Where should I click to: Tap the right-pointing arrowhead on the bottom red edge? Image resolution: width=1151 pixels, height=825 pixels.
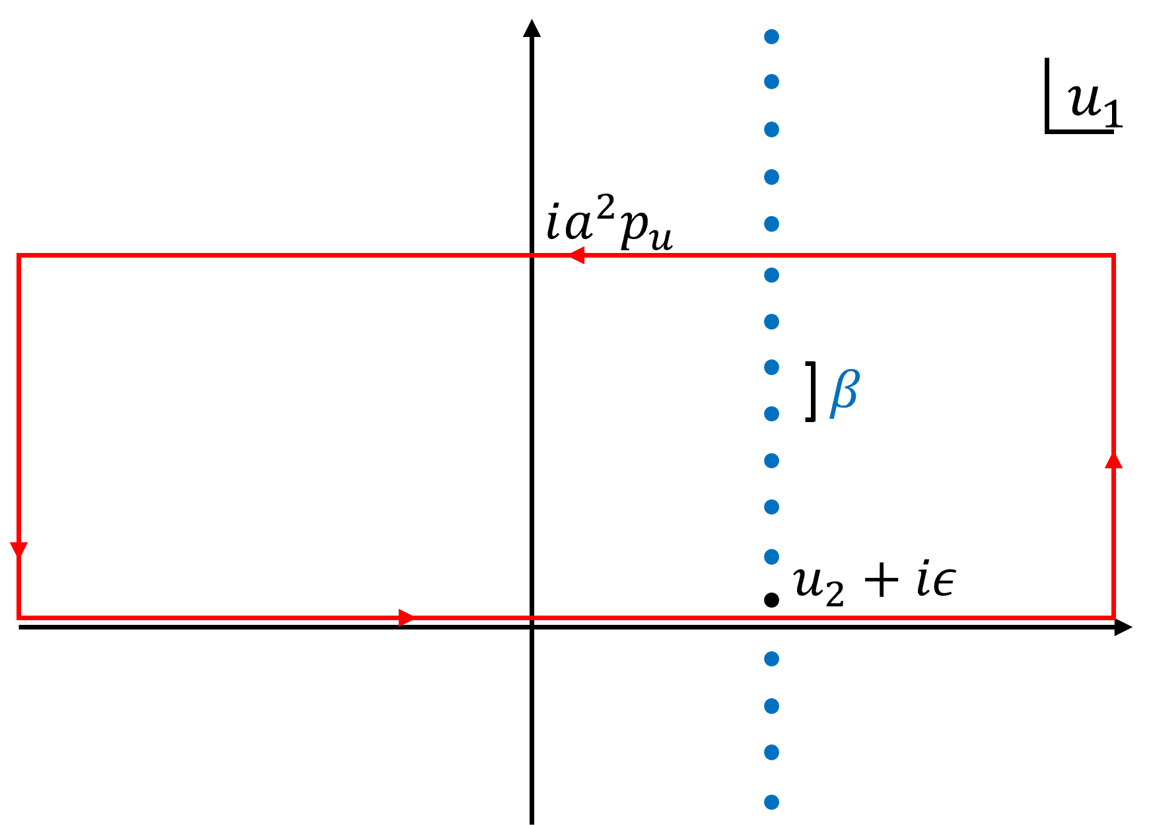[406, 618]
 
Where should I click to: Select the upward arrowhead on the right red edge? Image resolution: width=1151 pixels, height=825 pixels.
[1114, 460]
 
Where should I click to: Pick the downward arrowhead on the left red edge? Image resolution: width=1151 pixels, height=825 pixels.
[18, 550]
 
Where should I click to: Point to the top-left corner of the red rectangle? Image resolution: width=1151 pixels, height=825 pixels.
[18, 255]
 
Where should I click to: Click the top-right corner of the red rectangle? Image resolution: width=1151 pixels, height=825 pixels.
[1114, 255]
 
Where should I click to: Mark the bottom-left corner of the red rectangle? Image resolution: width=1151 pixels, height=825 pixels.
[18, 618]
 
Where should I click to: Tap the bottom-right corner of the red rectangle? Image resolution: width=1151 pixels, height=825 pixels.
[1114, 618]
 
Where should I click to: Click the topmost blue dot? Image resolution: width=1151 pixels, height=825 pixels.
[771, 36]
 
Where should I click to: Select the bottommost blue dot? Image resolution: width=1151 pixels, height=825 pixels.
[771, 802]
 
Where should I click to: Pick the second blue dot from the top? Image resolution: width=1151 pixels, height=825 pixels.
[771, 81]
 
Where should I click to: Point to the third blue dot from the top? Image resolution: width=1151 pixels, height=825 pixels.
[771, 129]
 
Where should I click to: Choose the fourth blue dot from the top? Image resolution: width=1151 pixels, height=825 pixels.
[771, 177]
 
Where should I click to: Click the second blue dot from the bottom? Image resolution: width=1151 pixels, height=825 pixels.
[771, 752]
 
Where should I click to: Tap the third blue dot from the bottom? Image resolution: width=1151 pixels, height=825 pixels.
[771, 706]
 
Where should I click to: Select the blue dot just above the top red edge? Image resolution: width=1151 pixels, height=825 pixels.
[771, 224]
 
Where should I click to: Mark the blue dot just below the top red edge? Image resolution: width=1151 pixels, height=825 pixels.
[771, 275]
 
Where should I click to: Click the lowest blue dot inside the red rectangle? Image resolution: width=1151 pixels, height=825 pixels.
[771, 557]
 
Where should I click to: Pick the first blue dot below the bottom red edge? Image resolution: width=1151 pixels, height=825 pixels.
[771, 659]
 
